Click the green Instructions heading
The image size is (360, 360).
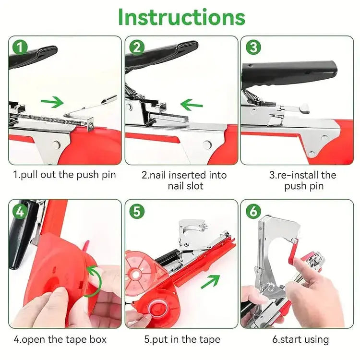coord(181,17)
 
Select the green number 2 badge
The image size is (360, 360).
coord(137,48)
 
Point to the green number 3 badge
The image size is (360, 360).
coord(253,48)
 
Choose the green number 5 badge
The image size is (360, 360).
coord(137,211)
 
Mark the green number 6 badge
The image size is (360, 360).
coord(253,211)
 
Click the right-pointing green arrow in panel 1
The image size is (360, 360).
coord(52,102)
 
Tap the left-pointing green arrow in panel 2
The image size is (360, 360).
coord(192,104)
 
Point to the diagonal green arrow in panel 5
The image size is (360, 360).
coord(210,281)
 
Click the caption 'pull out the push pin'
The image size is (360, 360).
coord(64,174)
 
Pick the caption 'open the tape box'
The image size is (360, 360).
coord(60,339)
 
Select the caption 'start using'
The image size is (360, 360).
coord(300,339)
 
